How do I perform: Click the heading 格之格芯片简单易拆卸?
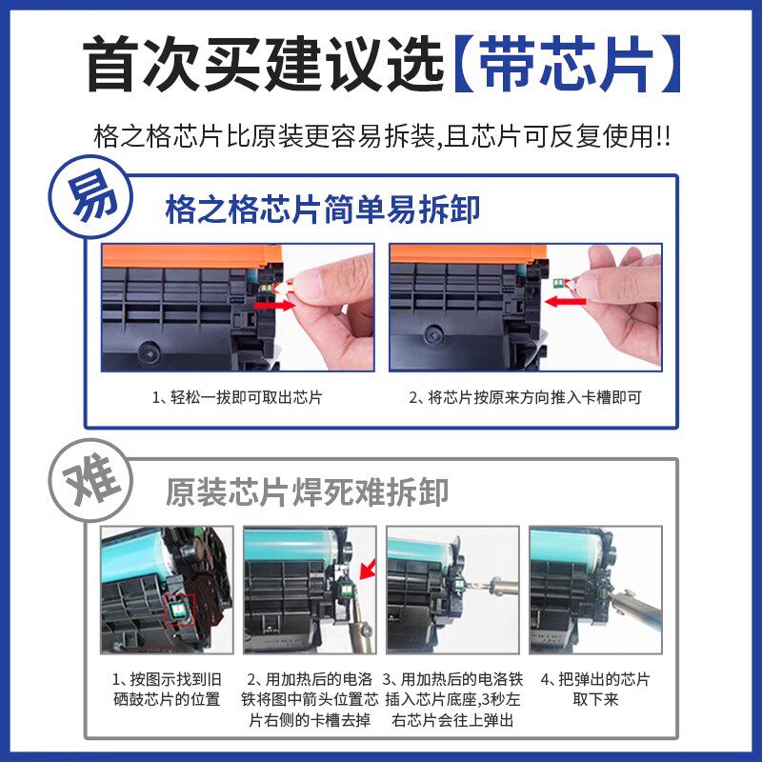[x=322, y=206]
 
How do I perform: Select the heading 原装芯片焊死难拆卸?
[x=307, y=491]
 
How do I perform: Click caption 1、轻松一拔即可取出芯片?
[x=237, y=397]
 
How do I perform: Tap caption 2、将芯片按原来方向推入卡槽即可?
[x=526, y=397]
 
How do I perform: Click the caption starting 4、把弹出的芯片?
[x=595, y=690]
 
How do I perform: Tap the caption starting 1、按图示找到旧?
[x=168, y=690]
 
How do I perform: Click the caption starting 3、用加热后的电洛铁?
[x=451, y=700]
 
